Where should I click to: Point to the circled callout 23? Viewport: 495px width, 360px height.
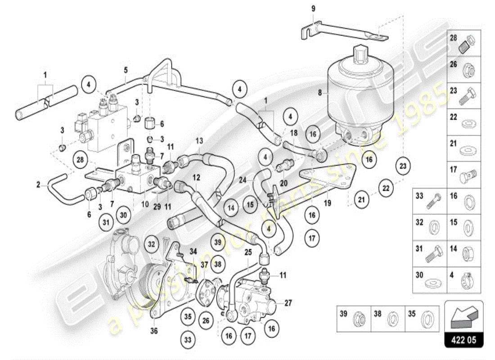point(403,166)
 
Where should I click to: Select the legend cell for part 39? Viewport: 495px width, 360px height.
point(354,319)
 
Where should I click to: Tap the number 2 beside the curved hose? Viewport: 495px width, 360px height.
point(39,184)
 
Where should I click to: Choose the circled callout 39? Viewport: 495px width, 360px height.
point(218,243)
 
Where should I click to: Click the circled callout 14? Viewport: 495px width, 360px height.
point(231,208)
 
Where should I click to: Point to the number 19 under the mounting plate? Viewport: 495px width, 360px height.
point(328,203)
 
